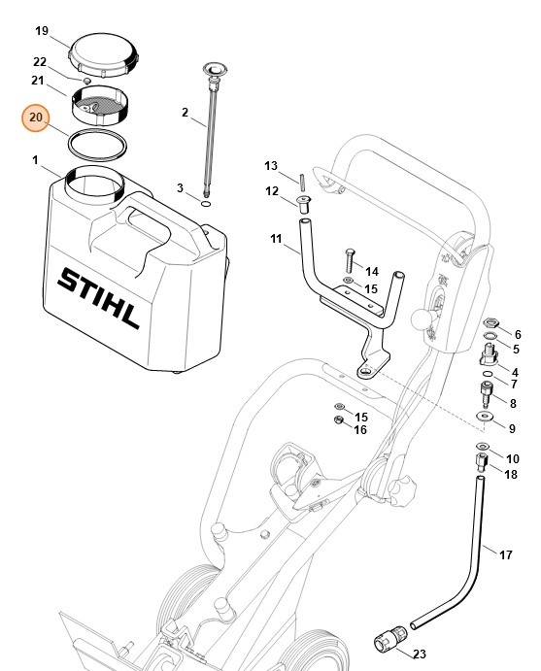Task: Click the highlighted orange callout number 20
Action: click(36, 117)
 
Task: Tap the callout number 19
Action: click(42, 32)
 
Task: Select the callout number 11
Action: click(277, 238)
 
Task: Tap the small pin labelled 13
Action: click(302, 182)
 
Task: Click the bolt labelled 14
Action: click(349, 261)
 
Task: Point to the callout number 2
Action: click(185, 113)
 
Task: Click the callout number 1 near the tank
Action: click(35, 159)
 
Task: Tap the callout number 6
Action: click(517, 333)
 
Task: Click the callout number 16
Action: click(359, 429)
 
